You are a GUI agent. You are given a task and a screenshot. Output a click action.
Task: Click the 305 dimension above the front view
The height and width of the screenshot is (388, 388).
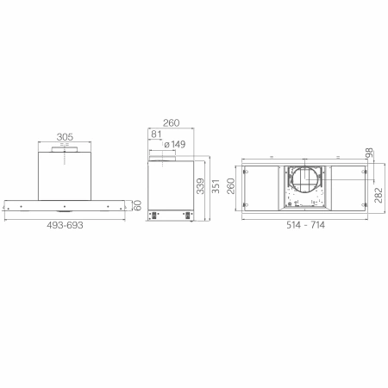(65, 137)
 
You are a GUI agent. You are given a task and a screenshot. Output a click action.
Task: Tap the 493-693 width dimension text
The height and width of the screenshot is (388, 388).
(65, 225)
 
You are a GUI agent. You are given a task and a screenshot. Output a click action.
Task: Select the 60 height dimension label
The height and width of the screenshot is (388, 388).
(138, 205)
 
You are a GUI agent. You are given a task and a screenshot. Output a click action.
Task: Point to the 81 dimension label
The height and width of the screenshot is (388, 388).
(156, 135)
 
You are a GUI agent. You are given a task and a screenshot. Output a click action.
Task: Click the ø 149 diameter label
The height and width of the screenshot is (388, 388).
(175, 144)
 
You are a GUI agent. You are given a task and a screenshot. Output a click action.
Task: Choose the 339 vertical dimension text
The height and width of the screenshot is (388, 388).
(200, 186)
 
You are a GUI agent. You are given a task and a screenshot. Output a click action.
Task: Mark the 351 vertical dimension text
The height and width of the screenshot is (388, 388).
(216, 186)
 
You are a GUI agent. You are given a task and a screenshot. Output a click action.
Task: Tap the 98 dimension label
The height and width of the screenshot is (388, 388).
(369, 153)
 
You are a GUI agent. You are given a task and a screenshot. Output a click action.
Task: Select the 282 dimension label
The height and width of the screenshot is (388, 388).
(379, 195)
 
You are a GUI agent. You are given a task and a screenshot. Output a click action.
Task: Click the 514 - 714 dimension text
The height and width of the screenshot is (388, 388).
(305, 225)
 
